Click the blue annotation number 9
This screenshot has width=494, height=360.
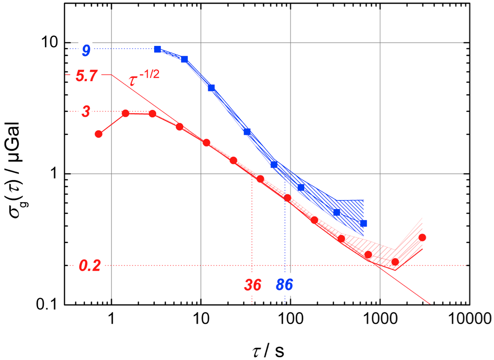[x=86, y=50]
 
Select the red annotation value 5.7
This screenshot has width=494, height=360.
[x=86, y=76]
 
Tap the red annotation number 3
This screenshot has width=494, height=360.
[x=86, y=112]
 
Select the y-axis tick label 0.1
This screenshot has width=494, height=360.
[x=47, y=305]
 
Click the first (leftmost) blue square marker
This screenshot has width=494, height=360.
[x=157, y=49]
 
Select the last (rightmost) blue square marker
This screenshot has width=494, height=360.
[x=363, y=223]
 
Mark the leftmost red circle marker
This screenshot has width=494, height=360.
[x=98, y=134]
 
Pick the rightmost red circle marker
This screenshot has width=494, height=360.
[x=422, y=237]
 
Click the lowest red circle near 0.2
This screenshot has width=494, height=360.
[x=395, y=262]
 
